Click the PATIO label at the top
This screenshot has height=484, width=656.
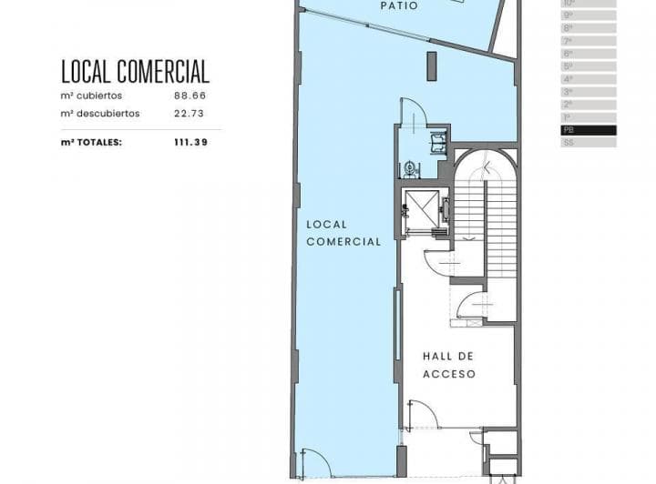399,6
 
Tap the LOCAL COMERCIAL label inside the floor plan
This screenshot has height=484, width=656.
343,233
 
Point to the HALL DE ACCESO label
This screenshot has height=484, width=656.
448,365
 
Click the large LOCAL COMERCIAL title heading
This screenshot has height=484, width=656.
135,71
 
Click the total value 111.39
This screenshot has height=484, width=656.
190,142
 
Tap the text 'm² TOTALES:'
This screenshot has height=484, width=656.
91,142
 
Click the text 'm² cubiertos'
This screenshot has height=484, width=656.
91,96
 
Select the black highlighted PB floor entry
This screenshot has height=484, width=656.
589,130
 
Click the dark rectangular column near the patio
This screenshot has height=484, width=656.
432,66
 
